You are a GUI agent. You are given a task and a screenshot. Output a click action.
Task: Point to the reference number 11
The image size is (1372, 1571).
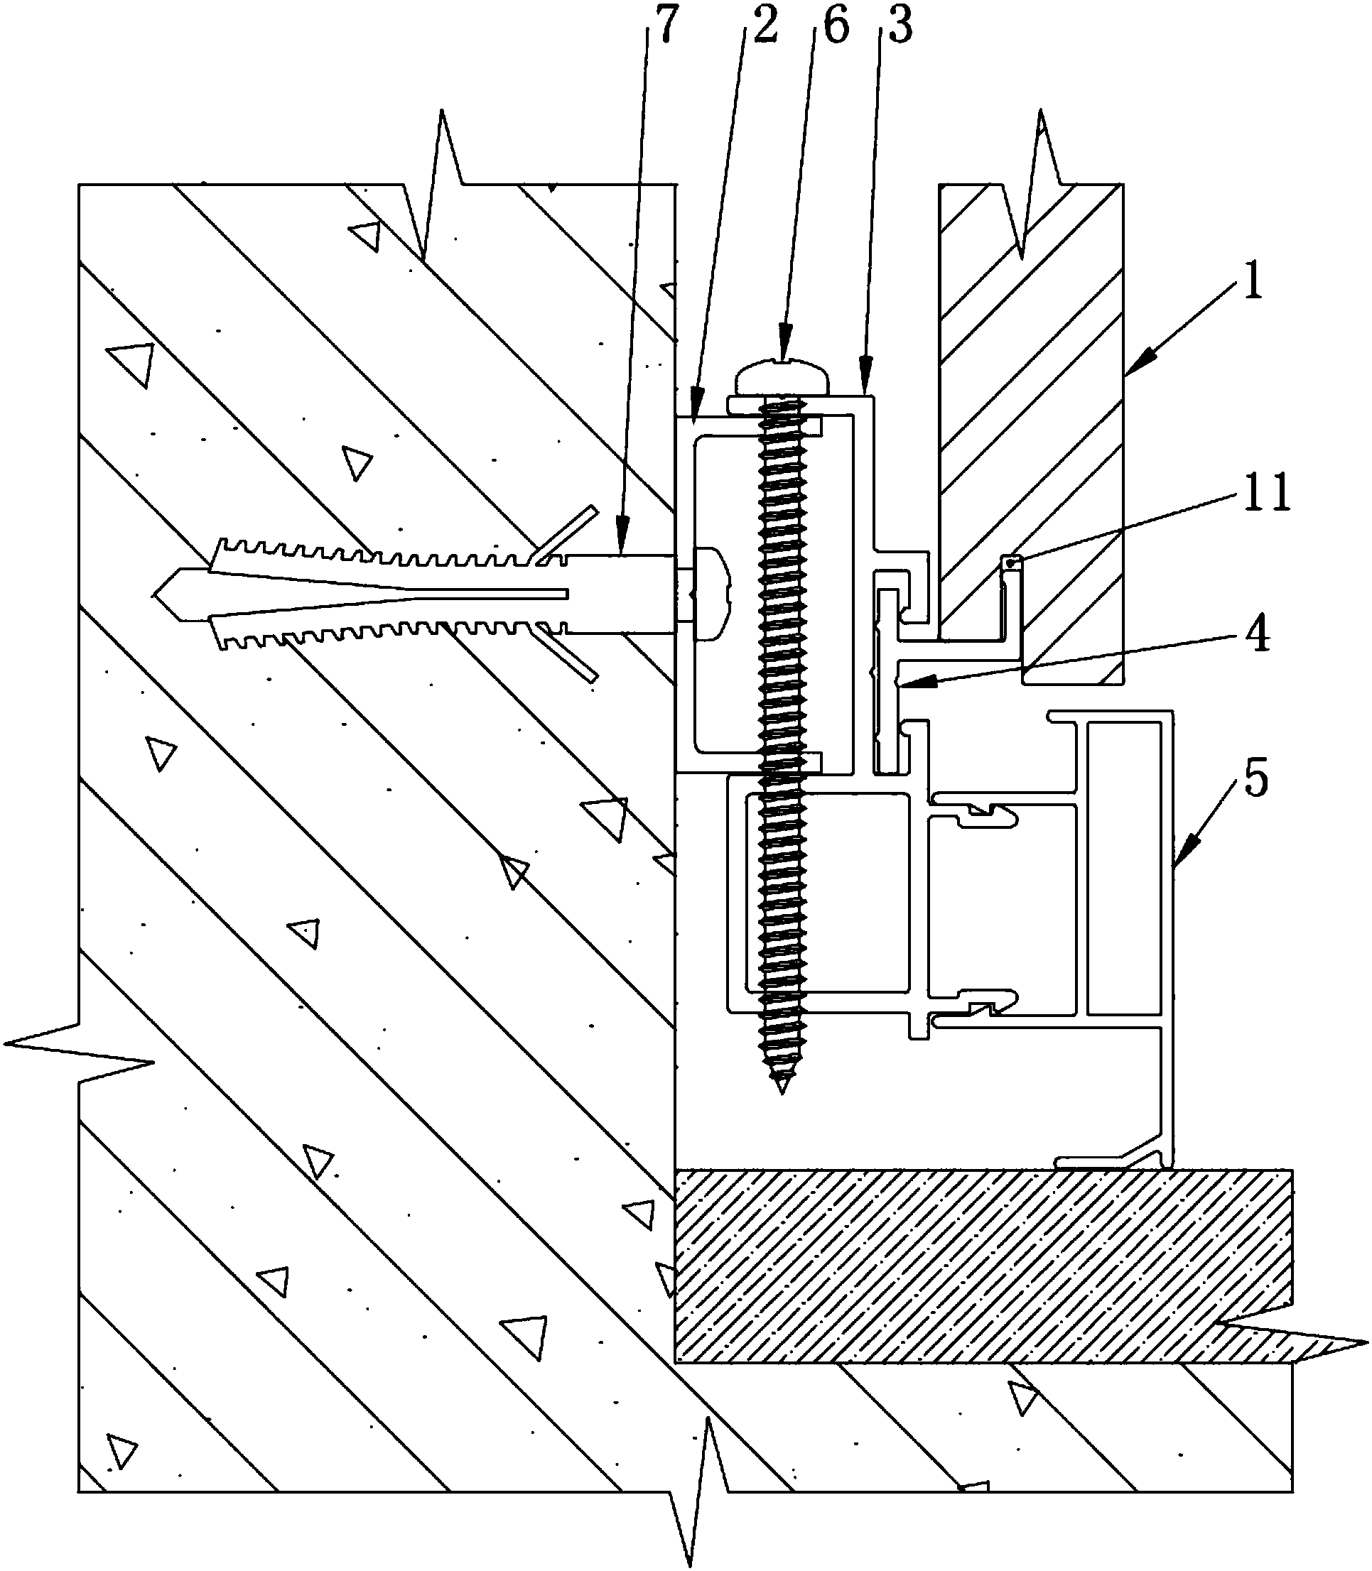pos(1266,491)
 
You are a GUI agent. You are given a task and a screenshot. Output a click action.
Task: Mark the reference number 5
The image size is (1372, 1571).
pos(1255,778)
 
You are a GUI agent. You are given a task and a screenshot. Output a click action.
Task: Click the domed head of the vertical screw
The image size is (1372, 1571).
pos(782,376)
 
